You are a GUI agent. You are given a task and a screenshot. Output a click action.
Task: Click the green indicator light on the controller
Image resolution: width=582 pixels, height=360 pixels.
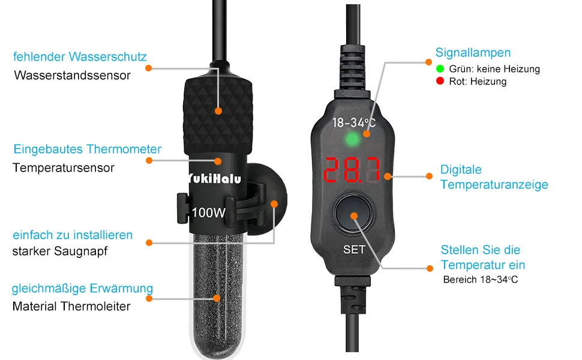point(352,140)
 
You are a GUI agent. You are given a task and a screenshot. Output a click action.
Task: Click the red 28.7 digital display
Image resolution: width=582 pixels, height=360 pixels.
point(352,170)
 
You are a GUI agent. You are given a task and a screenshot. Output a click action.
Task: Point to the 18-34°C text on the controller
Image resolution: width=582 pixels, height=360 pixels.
point(354,122)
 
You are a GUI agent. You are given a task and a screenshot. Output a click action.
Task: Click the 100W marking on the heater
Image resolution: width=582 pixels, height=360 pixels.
point(209,212)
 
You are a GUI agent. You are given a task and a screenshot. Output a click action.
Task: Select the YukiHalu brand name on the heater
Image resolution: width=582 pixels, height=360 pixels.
point(214,179)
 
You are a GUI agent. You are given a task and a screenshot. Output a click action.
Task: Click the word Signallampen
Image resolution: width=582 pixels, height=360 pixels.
point(473,53)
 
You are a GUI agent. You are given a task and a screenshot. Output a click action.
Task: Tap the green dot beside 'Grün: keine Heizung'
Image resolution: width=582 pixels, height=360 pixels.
point(440,68)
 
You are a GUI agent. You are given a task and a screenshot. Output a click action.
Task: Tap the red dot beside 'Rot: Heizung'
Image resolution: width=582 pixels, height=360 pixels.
point(440,81)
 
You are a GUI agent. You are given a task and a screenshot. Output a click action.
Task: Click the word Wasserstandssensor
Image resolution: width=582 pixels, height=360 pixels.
point(73,76)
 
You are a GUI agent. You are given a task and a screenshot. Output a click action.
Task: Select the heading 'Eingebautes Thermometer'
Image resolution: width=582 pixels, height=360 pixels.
point(87,149)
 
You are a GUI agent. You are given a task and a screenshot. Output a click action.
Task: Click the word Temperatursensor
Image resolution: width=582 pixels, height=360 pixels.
point(64,168)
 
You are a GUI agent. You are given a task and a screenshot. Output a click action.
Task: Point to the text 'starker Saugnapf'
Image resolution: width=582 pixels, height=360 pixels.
point(60,251)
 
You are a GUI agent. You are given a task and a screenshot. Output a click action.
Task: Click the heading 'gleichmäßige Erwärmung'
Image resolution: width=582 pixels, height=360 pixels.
point(82,289)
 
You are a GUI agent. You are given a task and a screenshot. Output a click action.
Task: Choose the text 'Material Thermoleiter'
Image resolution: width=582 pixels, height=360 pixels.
point(71,307)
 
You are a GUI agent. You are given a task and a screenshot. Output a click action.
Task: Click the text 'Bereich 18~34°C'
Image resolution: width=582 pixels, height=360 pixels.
point(480,280)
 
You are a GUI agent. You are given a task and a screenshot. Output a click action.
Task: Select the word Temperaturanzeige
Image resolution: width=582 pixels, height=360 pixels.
point(494,184)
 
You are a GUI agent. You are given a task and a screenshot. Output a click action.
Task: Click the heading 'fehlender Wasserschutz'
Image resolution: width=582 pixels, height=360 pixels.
point(80,57)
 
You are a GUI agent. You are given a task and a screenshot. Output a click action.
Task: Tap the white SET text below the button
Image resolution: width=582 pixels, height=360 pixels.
point(354,250)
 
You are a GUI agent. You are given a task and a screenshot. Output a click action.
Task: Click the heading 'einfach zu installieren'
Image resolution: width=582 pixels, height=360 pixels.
point(73,235)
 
